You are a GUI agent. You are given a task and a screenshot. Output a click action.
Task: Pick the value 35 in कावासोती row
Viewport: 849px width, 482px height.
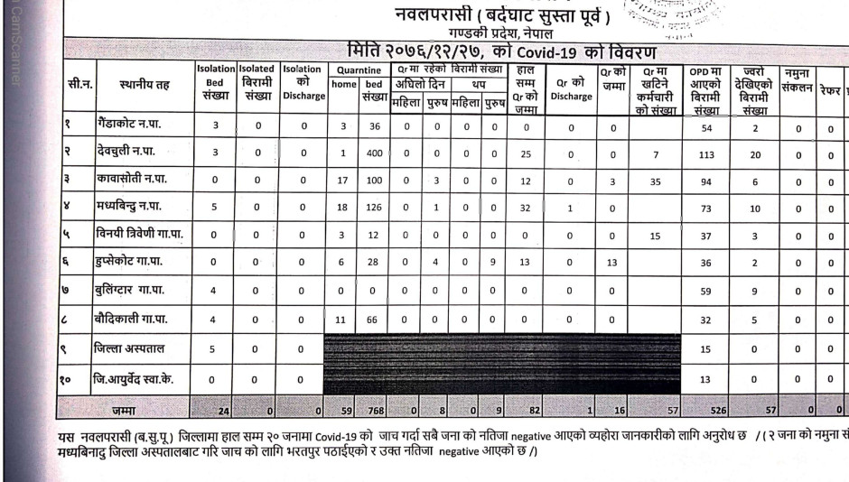(655, 181)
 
